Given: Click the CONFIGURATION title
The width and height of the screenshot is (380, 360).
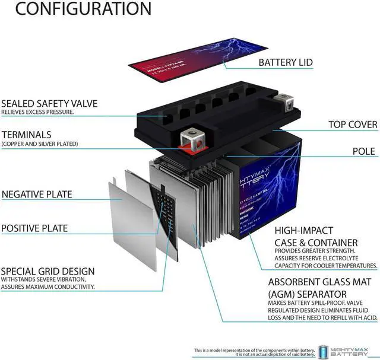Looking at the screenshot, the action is [75, 9].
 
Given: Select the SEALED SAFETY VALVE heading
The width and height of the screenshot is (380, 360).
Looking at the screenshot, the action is [49, 103].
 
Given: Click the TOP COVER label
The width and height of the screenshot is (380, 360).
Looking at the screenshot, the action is [353, 125].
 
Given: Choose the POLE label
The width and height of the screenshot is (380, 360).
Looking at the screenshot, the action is [363, 151].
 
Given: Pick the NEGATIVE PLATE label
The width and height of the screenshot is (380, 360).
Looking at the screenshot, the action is [37, 194].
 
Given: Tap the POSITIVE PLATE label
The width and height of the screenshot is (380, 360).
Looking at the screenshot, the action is [34, 228].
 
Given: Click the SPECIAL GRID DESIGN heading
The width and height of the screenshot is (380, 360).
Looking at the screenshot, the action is [47, 271].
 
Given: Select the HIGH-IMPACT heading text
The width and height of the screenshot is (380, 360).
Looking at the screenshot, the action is [303, 230].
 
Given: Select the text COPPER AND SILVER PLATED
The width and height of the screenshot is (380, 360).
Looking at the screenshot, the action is [39, 144].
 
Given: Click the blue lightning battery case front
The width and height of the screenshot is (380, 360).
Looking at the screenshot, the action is [273, 190].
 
